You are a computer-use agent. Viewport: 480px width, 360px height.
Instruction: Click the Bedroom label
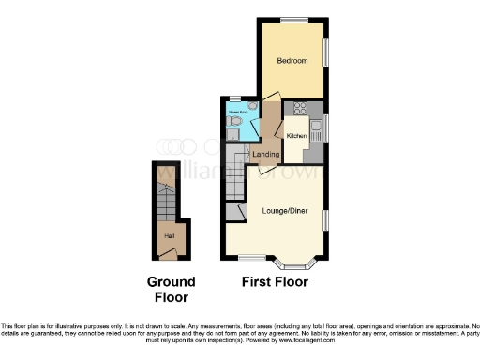292,61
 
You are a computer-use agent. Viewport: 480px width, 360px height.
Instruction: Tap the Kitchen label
296,135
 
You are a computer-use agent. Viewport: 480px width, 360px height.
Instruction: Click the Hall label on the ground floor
169,235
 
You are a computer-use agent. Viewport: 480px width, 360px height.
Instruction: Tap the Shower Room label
235,110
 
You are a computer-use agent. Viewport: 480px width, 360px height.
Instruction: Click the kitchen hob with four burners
302,107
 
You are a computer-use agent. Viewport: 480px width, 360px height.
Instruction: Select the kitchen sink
317,126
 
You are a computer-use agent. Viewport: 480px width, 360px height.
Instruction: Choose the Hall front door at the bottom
169,256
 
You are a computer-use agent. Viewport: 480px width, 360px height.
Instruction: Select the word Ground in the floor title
171,281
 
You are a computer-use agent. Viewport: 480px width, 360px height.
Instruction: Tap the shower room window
234,99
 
